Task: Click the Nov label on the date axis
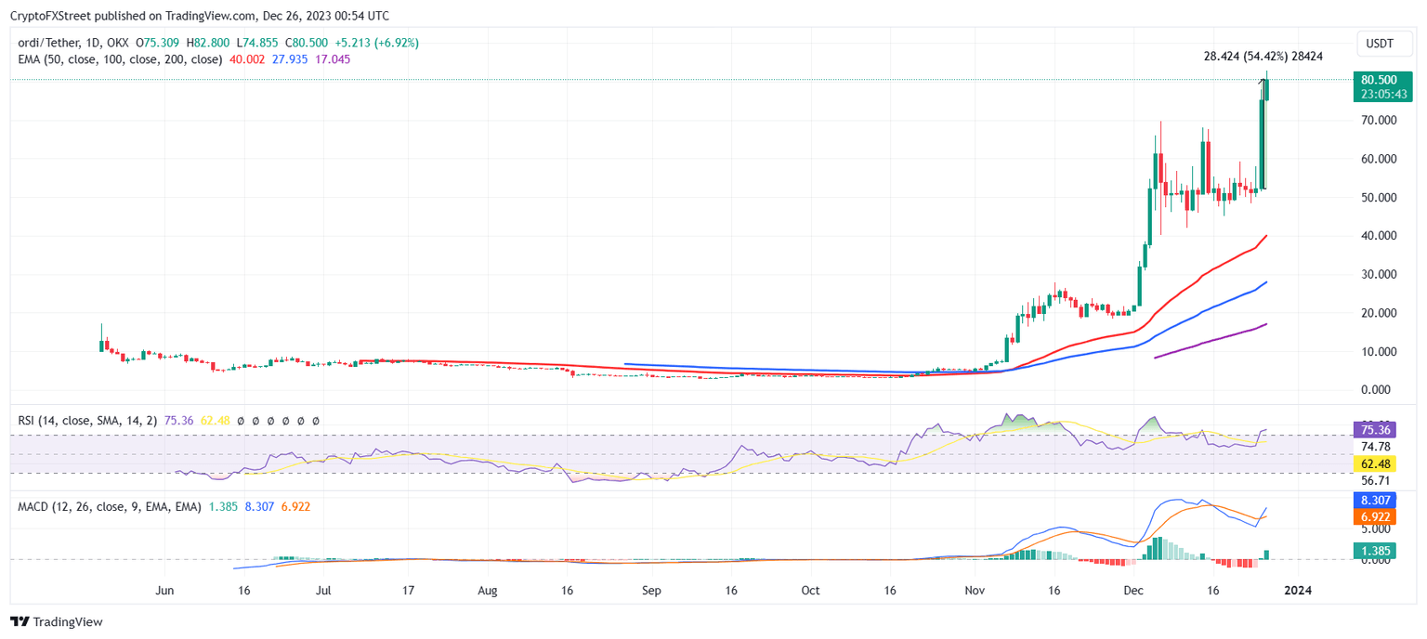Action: tap(975, 590)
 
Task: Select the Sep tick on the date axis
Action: tap(650, 590)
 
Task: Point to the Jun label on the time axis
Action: tap(165, 590)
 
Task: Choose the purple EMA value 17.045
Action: tap(334, 59)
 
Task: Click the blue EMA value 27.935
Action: tap(291, 59)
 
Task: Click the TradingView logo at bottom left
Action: tap(57, 621)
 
